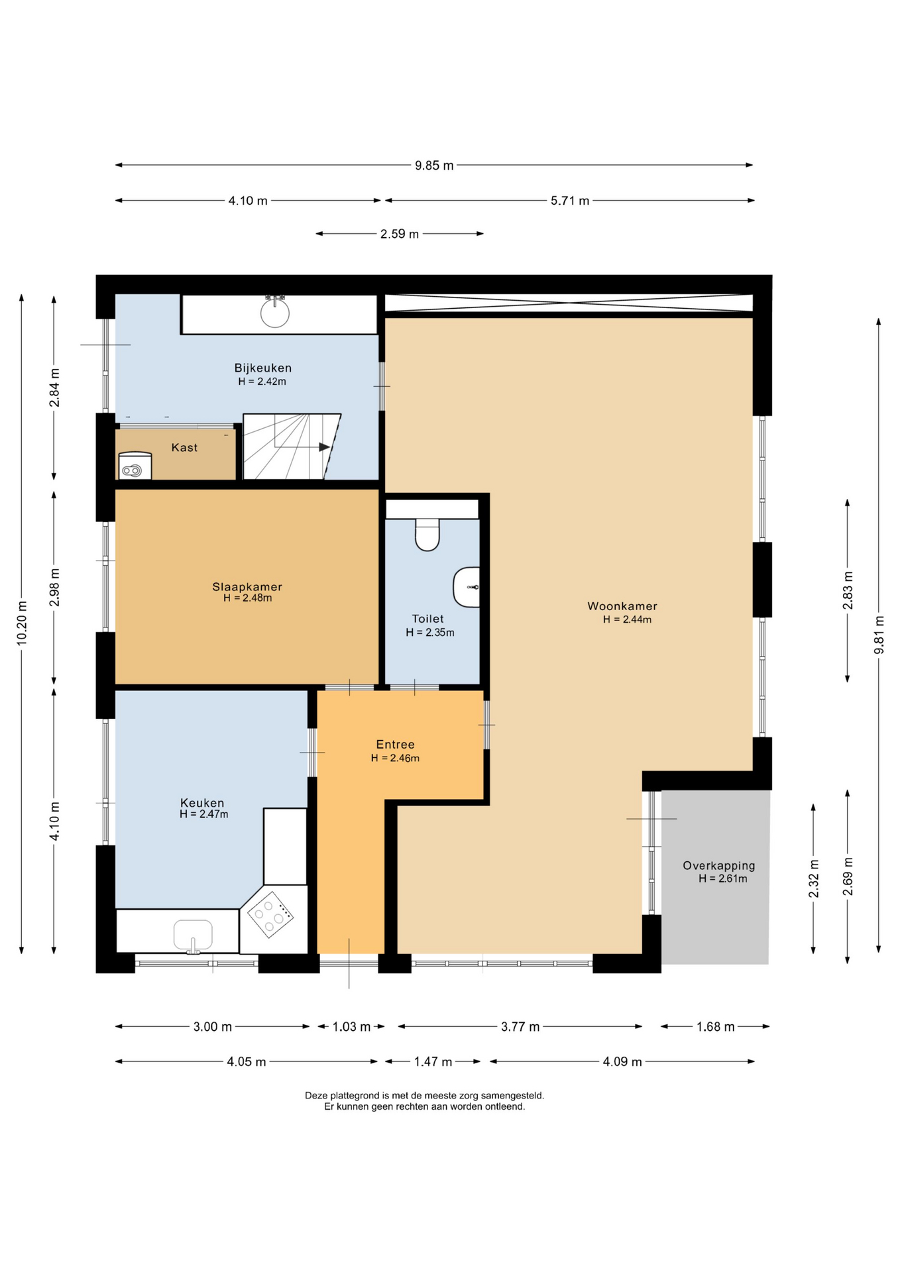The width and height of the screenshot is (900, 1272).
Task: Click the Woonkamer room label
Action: [x=622, y=606]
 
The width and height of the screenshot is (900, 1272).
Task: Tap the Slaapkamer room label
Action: [x=247, y=587]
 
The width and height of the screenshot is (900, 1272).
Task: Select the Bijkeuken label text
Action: [x=263, y=368]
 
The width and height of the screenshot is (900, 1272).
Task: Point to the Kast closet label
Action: [x=184, y=448]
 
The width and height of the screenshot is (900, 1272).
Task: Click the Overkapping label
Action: [x=719, y=866]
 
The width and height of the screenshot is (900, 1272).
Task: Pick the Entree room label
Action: [x=395, y=745]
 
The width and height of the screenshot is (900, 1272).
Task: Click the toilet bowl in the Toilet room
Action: [x=427, y=535]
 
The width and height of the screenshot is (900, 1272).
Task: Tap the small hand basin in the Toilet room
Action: [x=467, y=587]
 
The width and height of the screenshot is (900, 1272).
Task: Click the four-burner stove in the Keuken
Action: [x=270, y=914]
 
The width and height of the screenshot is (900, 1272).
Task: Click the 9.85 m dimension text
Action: [x=435, y=166]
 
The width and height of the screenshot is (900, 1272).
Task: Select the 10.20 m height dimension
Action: [x=22, y=623]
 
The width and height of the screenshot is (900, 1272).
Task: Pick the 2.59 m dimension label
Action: [x=400, y=234]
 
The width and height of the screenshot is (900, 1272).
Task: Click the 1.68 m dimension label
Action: [x=715, y=1027]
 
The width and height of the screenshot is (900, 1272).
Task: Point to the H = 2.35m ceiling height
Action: [x=430, y=633]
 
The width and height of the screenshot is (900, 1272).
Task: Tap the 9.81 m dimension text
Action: [x=879, y=635]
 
